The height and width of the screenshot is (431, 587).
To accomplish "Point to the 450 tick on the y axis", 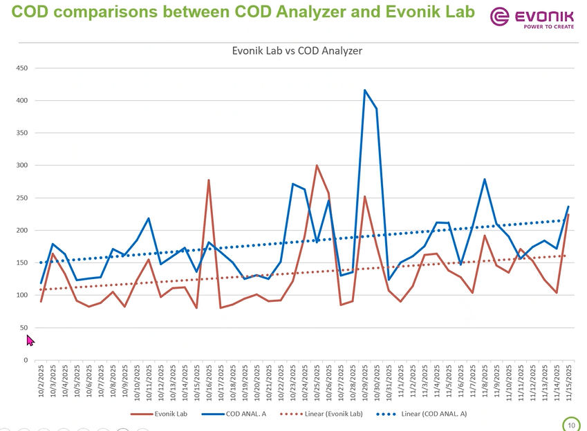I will coord(21,68).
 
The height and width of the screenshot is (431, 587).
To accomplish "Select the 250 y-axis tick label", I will coord(21,198).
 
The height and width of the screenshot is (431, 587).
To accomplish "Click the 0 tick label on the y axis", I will coord(26,360).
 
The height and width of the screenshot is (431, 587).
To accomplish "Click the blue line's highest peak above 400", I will coord(364,90).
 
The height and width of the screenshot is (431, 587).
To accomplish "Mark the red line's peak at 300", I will coord(317,166).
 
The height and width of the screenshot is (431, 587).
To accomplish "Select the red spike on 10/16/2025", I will coord(208,180).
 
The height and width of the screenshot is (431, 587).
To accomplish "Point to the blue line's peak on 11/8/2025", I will coord(485,180).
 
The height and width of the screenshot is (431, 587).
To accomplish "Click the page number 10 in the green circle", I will coord(571,425).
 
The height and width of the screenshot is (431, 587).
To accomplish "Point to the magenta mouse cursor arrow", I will coord(30,340).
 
